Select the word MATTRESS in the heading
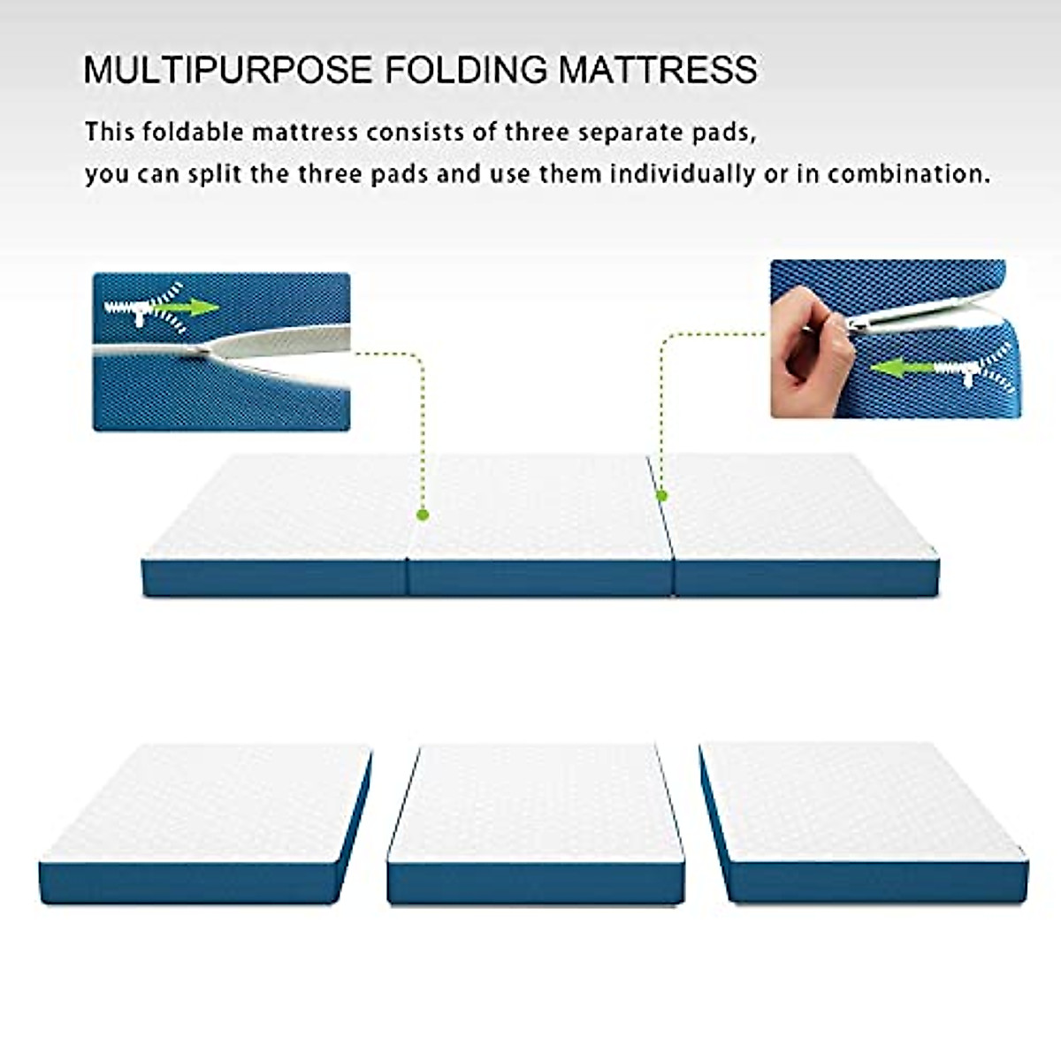(x=658, y=70)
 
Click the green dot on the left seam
(x=423, y=514)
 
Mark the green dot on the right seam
(x=661, y=497)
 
